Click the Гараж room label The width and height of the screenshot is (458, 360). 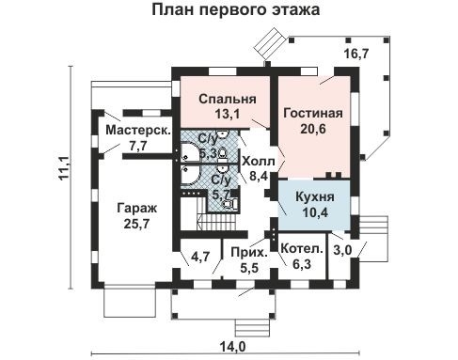click(137, 207)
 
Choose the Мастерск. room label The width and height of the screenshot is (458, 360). click(137, 130)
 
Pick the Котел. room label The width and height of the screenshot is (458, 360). click(299, 249)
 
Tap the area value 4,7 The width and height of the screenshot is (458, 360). click(200, 256)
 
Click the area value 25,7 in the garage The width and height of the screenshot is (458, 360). click(137, 223)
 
